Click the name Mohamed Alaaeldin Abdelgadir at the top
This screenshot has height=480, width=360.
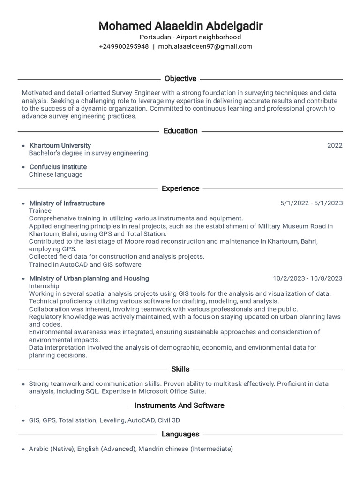(180, 25)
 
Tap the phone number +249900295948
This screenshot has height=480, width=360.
(124, 46)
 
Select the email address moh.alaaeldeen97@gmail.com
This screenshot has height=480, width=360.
(205, 46)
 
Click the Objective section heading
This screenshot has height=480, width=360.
(180, 79)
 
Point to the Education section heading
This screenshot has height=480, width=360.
(180, 131)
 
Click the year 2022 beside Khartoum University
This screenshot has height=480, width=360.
(335, 145)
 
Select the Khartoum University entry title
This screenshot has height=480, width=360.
(60, 145)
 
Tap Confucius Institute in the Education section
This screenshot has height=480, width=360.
(58, 167)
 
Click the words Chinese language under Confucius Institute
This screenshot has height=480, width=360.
(56, 174)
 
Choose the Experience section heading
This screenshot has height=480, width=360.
(180, 188)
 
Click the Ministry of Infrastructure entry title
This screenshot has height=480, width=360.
(67, 203)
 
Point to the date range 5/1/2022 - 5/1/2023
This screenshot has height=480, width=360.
(311, 203)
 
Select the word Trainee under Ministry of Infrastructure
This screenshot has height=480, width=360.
(40, 210)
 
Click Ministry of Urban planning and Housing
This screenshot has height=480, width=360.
(89, 278)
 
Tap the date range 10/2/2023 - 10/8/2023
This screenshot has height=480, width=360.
(307, 278)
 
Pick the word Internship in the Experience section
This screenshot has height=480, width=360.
(44, 286)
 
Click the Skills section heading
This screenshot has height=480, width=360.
(180, 369)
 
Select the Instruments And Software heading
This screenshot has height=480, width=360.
(180, 405)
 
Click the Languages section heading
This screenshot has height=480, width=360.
(180, 434)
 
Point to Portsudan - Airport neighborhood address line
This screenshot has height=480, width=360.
(190, 37)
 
